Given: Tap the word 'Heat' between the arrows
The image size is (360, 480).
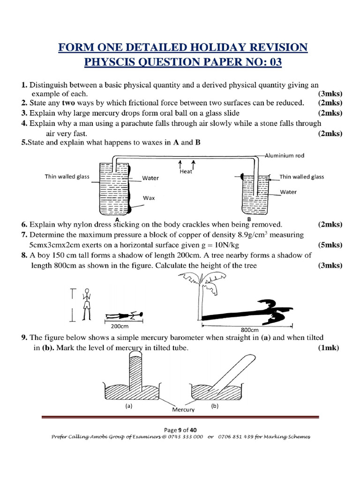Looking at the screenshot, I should tap(186, 172).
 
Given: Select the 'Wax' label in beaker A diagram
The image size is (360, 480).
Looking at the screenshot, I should tap(149, 198).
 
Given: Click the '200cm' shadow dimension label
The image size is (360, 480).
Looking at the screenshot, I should tap(120, 326).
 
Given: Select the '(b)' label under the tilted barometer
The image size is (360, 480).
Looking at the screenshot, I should tap(214, 406).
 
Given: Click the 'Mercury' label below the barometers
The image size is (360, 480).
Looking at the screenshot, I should tap(183, 409).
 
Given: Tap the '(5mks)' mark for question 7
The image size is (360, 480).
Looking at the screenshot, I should tap(330, 245).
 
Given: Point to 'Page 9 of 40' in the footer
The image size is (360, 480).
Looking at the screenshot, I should tap(180, 430).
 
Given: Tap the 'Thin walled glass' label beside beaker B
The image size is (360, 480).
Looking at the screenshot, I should tap(301, 177).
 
